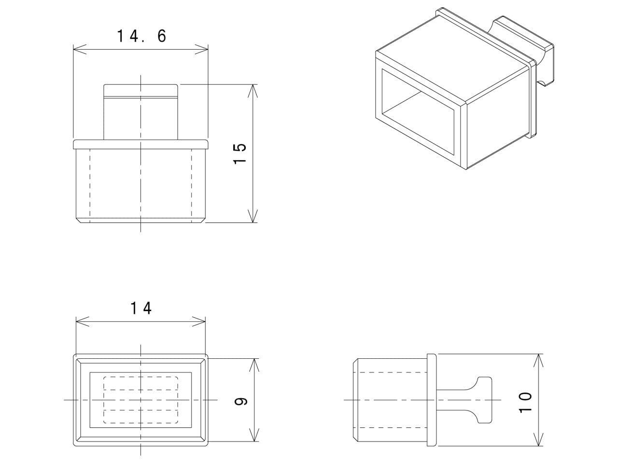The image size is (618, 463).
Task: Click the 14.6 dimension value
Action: tap(141, 36)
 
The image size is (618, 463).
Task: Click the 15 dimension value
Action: tap(240, 153)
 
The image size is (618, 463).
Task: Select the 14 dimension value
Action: tap(141, 308)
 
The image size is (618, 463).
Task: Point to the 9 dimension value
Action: tap(241, 400)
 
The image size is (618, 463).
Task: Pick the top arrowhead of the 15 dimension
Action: tap(253, 89)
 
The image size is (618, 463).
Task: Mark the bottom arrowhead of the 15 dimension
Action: tap(253, 218)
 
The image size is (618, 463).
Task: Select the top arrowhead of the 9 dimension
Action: tap(254, 364)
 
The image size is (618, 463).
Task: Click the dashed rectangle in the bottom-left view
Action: tap(141, 400)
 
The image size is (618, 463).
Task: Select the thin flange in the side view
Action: tap(432, 400)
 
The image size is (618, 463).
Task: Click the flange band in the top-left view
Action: tap(141, 144)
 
